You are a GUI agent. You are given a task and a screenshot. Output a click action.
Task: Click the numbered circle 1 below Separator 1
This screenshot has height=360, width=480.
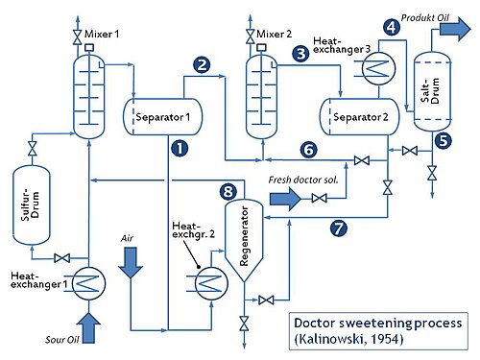pyautogui.click(x=180, y=148)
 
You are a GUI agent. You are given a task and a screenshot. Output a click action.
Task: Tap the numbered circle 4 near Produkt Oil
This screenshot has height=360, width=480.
pyautogui.click(x=392, y=27)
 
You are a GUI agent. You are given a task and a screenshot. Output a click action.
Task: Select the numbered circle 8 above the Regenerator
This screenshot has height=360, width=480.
pyautogui.click(x=228, y=192)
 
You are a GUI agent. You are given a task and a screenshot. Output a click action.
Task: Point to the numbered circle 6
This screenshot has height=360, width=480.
pyautogui.click(x=309, y=150)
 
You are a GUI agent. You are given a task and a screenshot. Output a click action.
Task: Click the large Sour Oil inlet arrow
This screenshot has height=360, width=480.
pyautogui.click(x=88, y=328)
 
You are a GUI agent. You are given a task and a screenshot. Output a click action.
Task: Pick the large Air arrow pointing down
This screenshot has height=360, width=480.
pyautogui.click(x=131, y=262)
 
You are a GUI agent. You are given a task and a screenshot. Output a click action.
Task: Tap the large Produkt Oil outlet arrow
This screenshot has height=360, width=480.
pyautogui.click(x=455, y=29)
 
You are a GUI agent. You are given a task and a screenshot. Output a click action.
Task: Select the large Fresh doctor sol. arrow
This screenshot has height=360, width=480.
pyautogui.click(x=285, y=199)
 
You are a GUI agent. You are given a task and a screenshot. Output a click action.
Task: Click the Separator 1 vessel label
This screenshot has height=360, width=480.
pyautogui.click(x=163, y=117)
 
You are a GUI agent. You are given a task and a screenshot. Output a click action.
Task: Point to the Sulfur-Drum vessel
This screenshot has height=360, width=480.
pyautogui.click(x=32, y=205)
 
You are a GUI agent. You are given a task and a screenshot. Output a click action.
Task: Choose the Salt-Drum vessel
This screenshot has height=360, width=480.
pyautogui.click(x=432, y=91)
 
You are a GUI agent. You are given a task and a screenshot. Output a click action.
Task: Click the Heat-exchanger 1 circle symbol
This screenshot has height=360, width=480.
pyautogui.click(x=89, y=283)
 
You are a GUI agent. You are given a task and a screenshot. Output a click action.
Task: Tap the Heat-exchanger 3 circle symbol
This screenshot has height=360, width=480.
pyautogui.click(x=378, y=68)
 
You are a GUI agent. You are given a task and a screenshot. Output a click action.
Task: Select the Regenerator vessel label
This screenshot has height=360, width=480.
pyautogui.click(x=244, y=236)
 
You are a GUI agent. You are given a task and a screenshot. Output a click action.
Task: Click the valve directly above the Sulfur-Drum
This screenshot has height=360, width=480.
pyautogui.click(x=33, y=149)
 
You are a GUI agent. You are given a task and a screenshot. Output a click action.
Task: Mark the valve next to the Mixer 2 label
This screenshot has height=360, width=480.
pyautogui.click(x=251, y=36)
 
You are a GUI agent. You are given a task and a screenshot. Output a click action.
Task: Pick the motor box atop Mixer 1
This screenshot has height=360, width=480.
pyautogui.click(x=89, y=48)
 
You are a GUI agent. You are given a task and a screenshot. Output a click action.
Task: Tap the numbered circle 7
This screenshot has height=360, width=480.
pyautogui.click(x=339, y=228)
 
